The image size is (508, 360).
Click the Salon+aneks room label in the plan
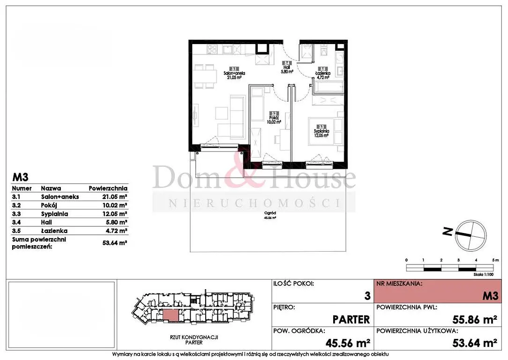(x=224, y=75)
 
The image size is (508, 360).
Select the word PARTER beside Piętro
(x=351, y=320)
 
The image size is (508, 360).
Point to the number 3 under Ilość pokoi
(x=367, y=296)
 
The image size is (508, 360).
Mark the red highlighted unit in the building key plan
(x=171, y=315)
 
